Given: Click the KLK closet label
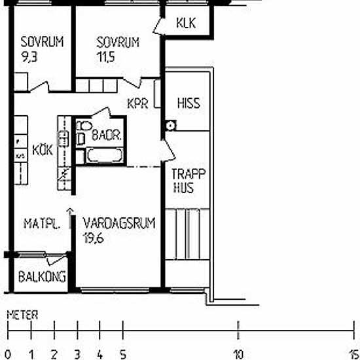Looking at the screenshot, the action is [x=186, y=23].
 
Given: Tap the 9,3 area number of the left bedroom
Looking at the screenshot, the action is [x=29, y=57].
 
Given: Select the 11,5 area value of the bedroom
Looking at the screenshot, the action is [x=105, y=57].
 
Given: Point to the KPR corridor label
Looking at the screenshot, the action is [x=137, y=103].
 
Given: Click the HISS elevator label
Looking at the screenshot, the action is [x=189, y=103].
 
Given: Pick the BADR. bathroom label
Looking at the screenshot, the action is [x=107, y=135].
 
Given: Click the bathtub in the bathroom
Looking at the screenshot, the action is [x=105, y=155].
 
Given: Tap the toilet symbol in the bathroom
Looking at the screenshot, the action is [x=84, y=126].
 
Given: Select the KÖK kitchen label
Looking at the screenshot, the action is [x=43, y=150].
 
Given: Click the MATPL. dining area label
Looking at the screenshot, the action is [x=42, y=224].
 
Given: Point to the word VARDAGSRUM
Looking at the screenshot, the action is [x=119, y=223].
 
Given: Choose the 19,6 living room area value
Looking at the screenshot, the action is [x=94, y=238].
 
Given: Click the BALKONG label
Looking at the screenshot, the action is [x=43, y=277].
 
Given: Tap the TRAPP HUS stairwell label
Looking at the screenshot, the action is [x=189, y=181].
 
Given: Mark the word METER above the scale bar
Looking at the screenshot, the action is [x=22, y=315].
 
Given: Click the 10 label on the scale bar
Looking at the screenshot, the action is [x=238, y=355].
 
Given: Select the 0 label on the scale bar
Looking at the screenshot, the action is [x=8, y=355].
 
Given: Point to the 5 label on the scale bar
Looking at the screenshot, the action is [x=123, y=355].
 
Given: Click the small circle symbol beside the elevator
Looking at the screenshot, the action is [x=171, y=126].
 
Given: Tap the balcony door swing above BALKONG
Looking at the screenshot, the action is [x=56, y=260].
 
